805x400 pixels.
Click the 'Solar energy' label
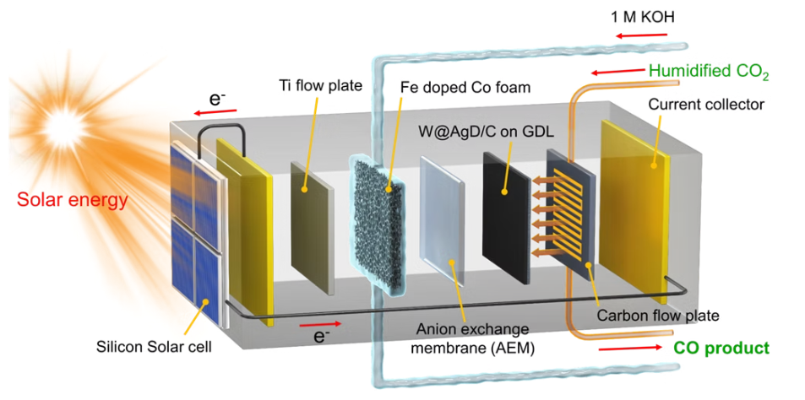(72, 200)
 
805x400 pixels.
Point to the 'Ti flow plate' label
(320, 84)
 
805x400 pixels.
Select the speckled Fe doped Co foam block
(378, 225)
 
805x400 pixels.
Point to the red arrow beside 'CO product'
(630, 347)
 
